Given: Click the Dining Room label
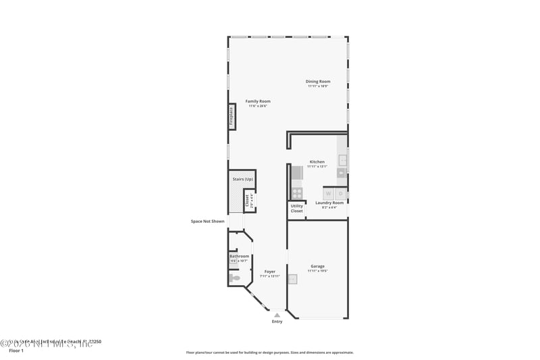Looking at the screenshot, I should (x=317, y=82).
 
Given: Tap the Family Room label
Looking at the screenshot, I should (x=258, y=101).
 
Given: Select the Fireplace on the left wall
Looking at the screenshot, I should (x=231, y=116).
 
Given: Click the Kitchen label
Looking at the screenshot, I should (x=317, y=161).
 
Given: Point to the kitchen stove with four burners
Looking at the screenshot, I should (x=296, y=192).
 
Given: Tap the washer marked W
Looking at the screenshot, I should (x=329, y=193).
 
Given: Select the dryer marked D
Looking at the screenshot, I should (x=341, y=193).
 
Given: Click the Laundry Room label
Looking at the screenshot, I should (x=329, y=203).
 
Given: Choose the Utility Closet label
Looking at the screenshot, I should (x=297, y=209).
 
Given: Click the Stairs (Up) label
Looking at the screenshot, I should (x=242, y=179).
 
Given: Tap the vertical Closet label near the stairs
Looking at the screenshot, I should (x=248, y=200).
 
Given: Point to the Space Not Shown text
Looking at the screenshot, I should (x=207, y=221).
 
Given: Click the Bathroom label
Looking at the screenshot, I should (x=239, y=256).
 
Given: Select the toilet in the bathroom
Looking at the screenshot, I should (x=234, y=278).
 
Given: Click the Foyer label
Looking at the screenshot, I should (x=269, y=272).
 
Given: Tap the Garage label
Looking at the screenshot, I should (x=317, y=266).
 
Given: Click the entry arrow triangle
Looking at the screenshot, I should (x=277, y=314).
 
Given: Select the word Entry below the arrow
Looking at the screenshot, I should (x=277, y=322).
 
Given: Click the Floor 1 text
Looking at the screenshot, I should (x=16, y=351).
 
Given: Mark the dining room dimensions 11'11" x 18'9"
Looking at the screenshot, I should (x=317, y=86).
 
